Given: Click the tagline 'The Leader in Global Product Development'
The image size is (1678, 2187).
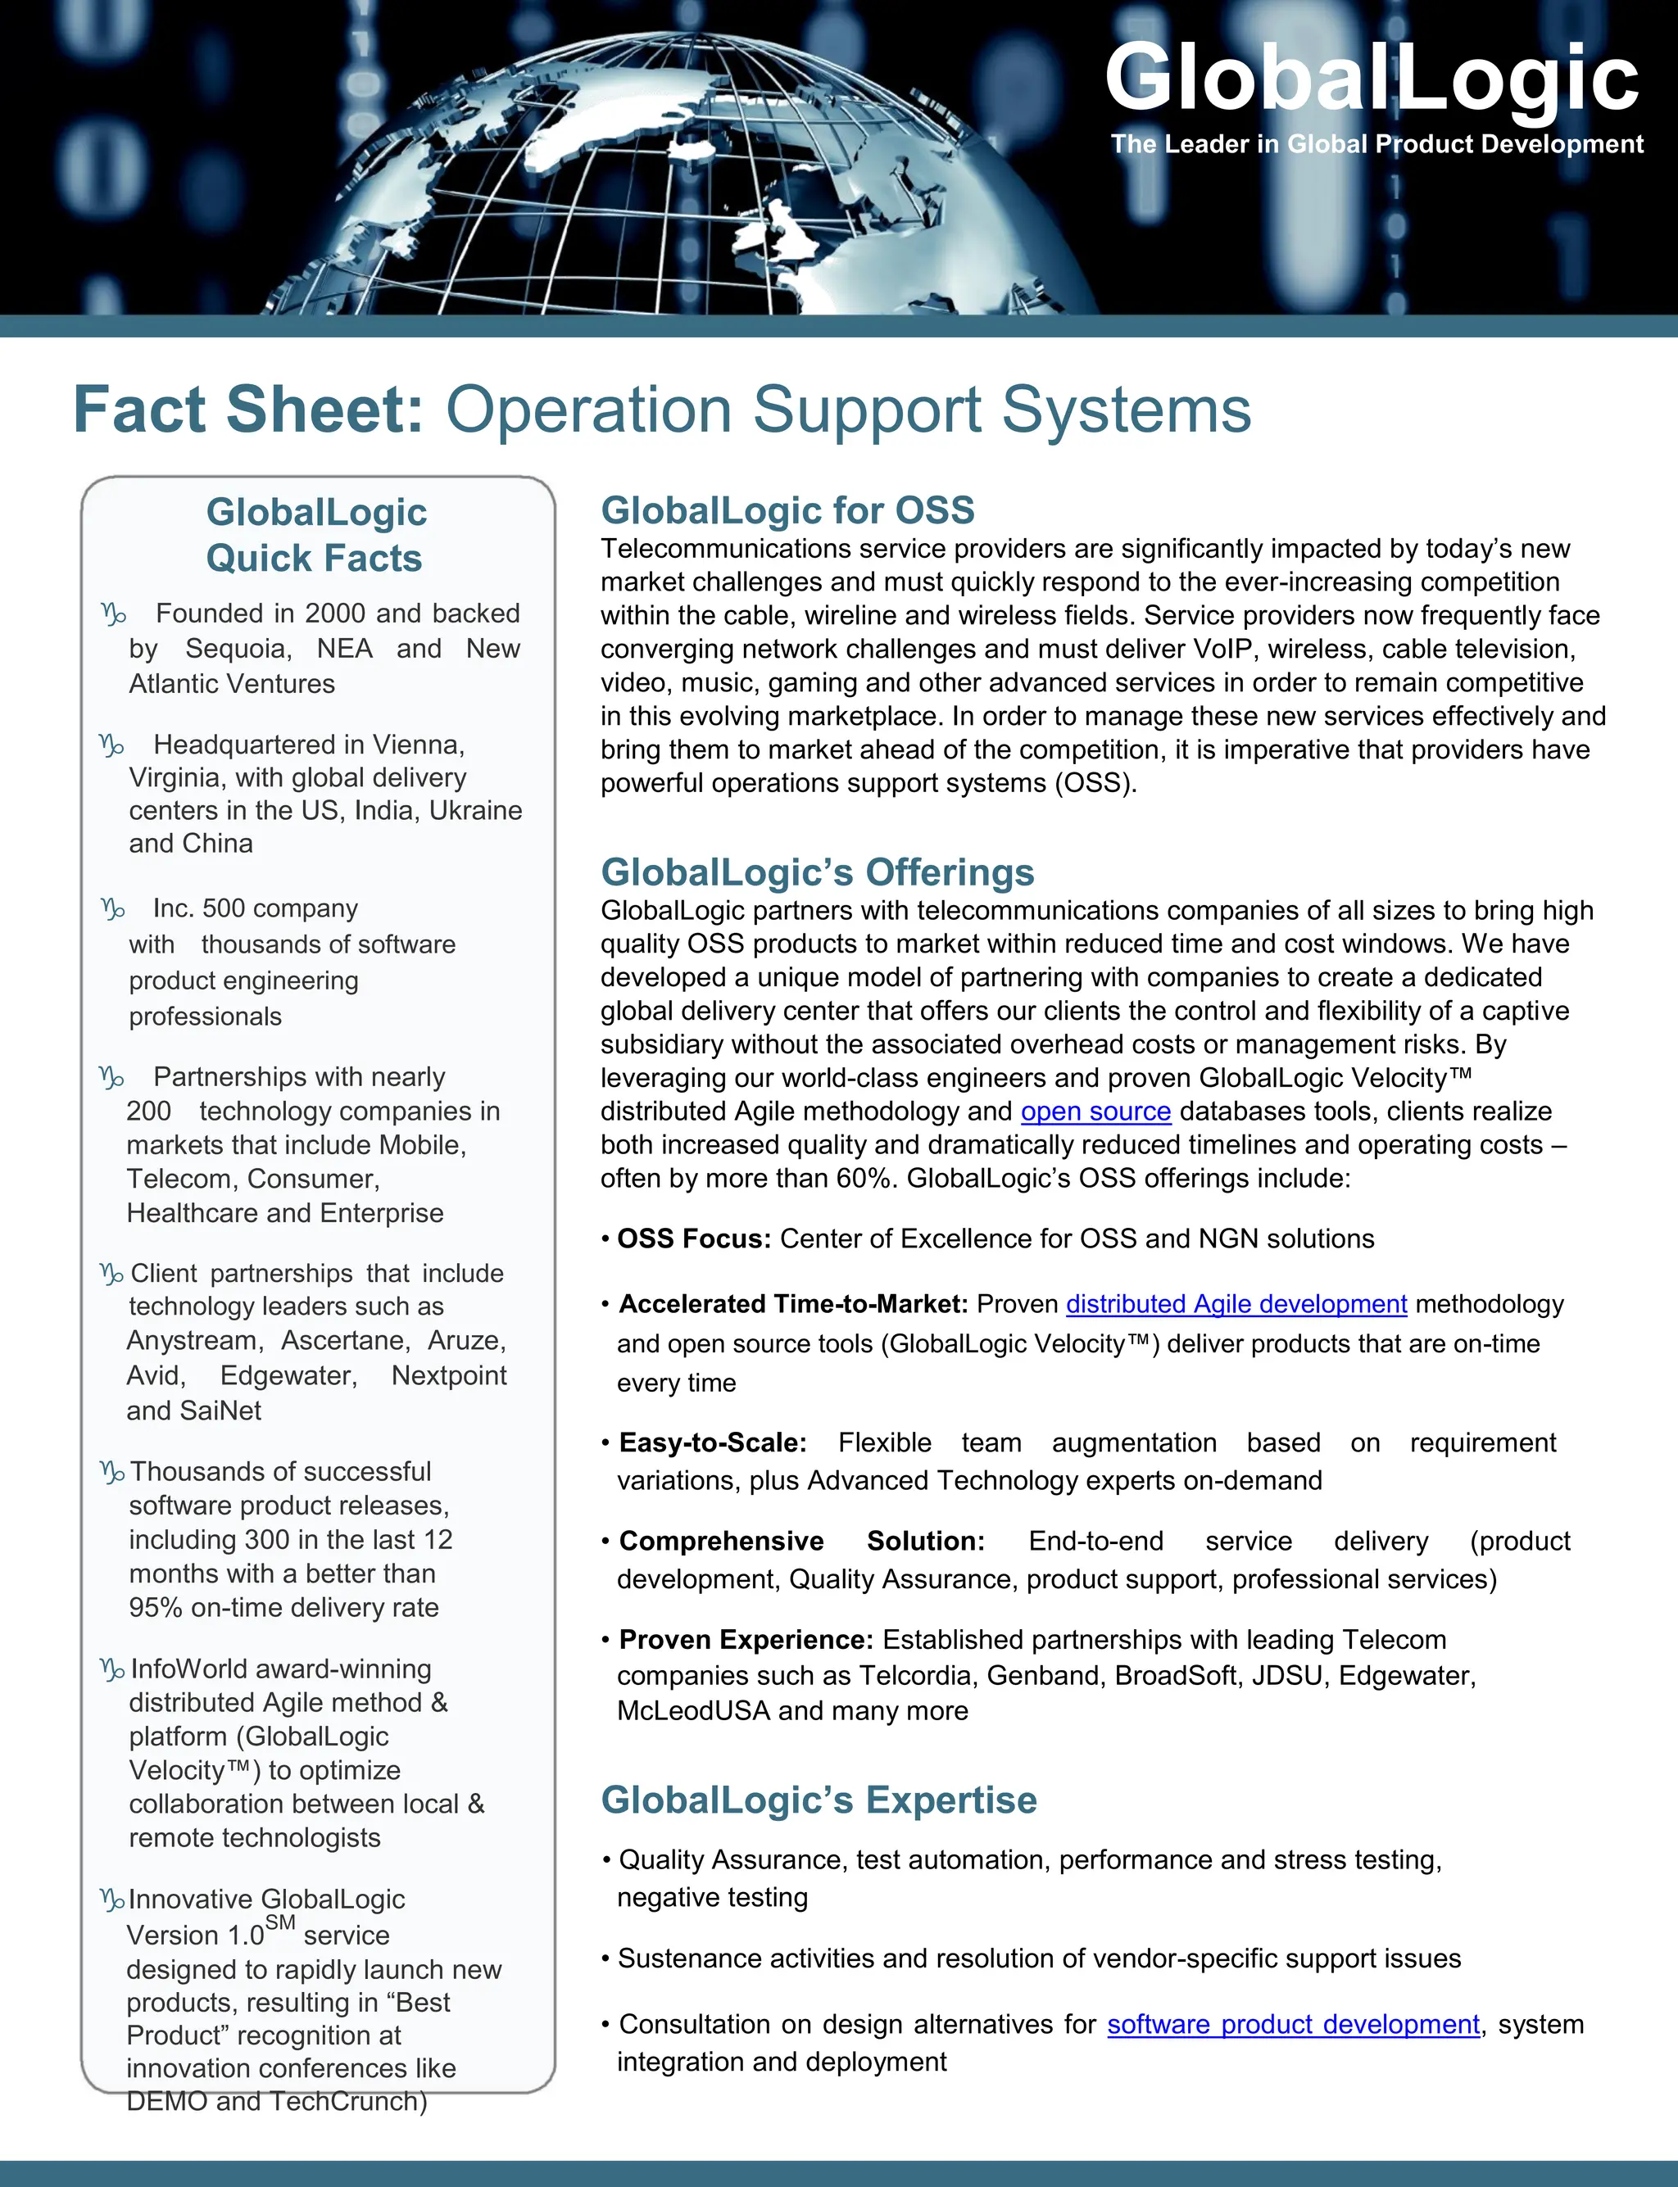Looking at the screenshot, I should pos(1376,144).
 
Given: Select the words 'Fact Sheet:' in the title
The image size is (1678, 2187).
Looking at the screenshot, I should pos(249,410).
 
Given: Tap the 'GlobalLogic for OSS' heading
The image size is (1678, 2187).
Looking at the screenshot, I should pos(787,510).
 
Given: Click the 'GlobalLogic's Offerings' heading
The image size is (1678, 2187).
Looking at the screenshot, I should pos(817,872).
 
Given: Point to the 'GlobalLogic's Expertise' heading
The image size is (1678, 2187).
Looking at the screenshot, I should pos(819,1800).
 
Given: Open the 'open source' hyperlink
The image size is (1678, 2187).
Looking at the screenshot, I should pos(1095,1112).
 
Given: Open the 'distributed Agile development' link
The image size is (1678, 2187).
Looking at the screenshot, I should pos(1236,1304).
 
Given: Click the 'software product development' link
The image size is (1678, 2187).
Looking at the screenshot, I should pos(1294,2024).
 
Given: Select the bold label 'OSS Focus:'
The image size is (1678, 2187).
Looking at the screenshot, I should pos(694,1239).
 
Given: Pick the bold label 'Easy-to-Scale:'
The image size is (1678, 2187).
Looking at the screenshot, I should pos(712,1443).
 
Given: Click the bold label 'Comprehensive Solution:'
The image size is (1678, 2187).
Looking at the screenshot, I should pos(801,1541).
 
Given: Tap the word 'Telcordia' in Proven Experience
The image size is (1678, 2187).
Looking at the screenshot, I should pos(915,1676).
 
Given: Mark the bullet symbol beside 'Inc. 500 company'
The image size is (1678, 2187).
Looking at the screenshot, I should pos(113,908).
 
